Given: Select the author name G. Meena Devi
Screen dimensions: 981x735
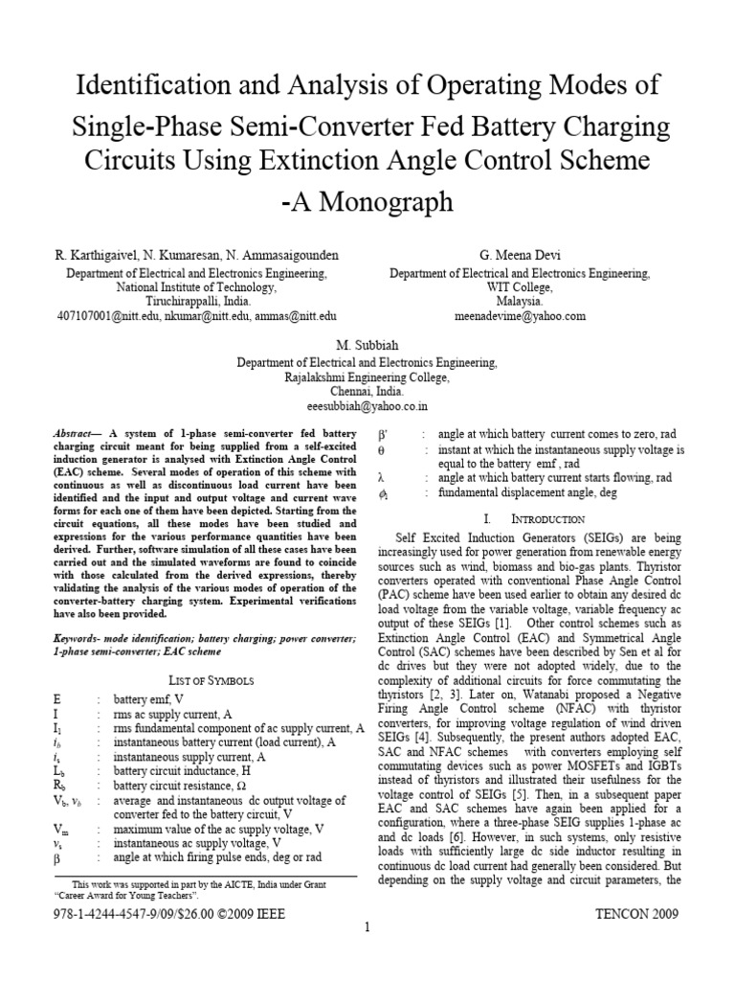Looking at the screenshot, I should [519, 255].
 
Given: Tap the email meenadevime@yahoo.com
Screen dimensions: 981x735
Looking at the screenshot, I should [519, 315].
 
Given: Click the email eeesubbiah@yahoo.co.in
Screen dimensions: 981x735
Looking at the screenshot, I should [367, 406].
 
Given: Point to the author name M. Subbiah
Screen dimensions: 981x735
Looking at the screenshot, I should [367, 347].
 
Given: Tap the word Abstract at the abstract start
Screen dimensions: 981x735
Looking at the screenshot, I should [73, 433].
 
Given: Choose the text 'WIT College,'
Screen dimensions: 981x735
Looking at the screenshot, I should [519, 286].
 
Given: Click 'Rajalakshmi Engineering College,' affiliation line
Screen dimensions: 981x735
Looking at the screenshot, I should [367, 377].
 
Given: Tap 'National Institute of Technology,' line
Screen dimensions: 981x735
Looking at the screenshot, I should [196, 286].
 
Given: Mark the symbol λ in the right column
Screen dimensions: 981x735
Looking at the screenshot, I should [381, 478].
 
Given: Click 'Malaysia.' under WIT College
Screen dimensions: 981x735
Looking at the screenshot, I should [519, 301].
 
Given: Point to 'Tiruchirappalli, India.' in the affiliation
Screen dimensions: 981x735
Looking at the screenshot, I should [196, 301].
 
